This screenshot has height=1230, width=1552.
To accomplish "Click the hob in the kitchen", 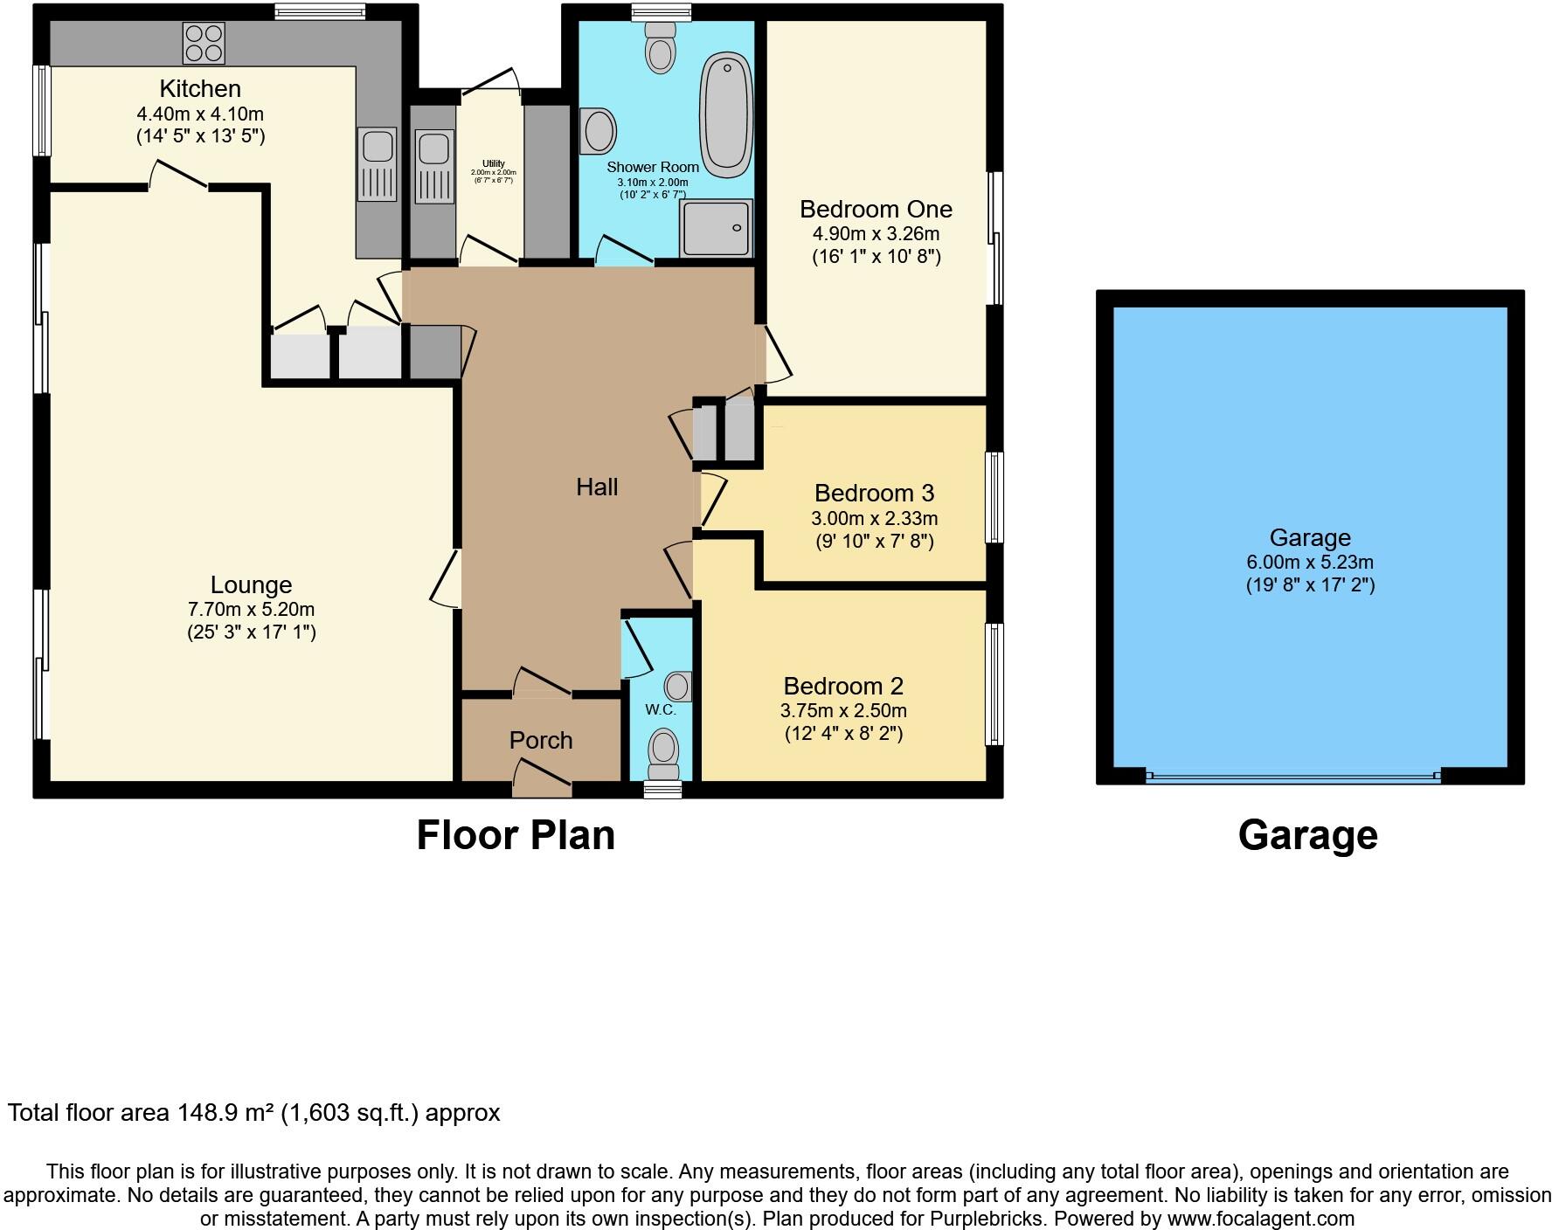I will [204, 43].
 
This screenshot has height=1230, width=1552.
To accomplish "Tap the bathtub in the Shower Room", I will [725, 114].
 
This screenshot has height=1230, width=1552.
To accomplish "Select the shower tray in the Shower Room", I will [716, 228].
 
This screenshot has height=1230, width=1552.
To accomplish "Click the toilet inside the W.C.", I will [663, 753].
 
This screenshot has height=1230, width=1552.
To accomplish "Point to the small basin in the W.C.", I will [678, 687].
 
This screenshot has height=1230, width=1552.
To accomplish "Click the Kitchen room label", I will [200, 89].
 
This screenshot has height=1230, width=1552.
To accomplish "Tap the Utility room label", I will [494, 163].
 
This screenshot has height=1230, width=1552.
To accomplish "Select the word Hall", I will [597, 487].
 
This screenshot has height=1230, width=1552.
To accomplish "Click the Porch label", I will [541, 741].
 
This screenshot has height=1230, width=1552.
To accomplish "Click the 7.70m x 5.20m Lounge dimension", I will [252, 610].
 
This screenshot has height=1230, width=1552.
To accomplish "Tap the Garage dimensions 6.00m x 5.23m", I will [1310, 563].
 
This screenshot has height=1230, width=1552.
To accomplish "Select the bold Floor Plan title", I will [516, 835].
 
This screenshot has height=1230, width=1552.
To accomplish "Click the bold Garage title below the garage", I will [1307, 835].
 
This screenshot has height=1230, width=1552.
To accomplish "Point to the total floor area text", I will [253, 1113].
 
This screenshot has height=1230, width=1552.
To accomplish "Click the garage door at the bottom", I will [1293, 776].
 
